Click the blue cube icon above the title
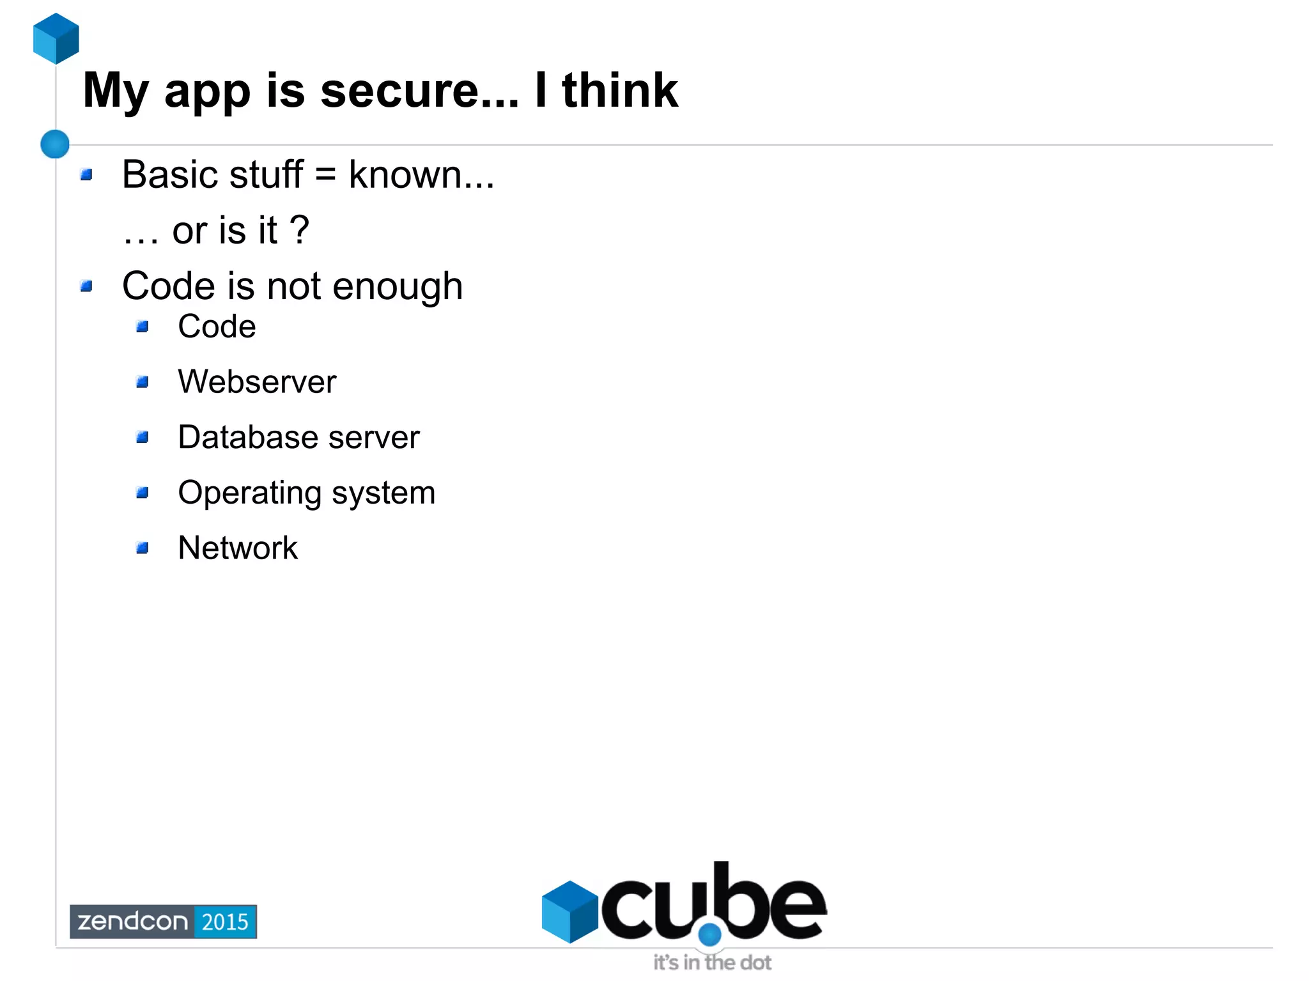[56, 38]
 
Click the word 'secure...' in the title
[419, 91]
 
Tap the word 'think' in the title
[619, 91]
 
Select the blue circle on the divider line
[55, 144]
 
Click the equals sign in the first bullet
[325, 174]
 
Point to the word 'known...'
[421, 174]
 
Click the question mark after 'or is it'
[299, 230]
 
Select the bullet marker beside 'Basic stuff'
[87, 174]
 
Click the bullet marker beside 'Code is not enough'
[87, 286]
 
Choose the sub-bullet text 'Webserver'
[257, 382]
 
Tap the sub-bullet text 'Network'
[238, 548]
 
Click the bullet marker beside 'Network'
[143, 548]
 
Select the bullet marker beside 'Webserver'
[143, 382]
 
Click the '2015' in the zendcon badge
[225, 922]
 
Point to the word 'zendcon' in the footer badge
[132, 922]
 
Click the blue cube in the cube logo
[569, 911]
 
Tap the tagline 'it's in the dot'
[712, 962]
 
